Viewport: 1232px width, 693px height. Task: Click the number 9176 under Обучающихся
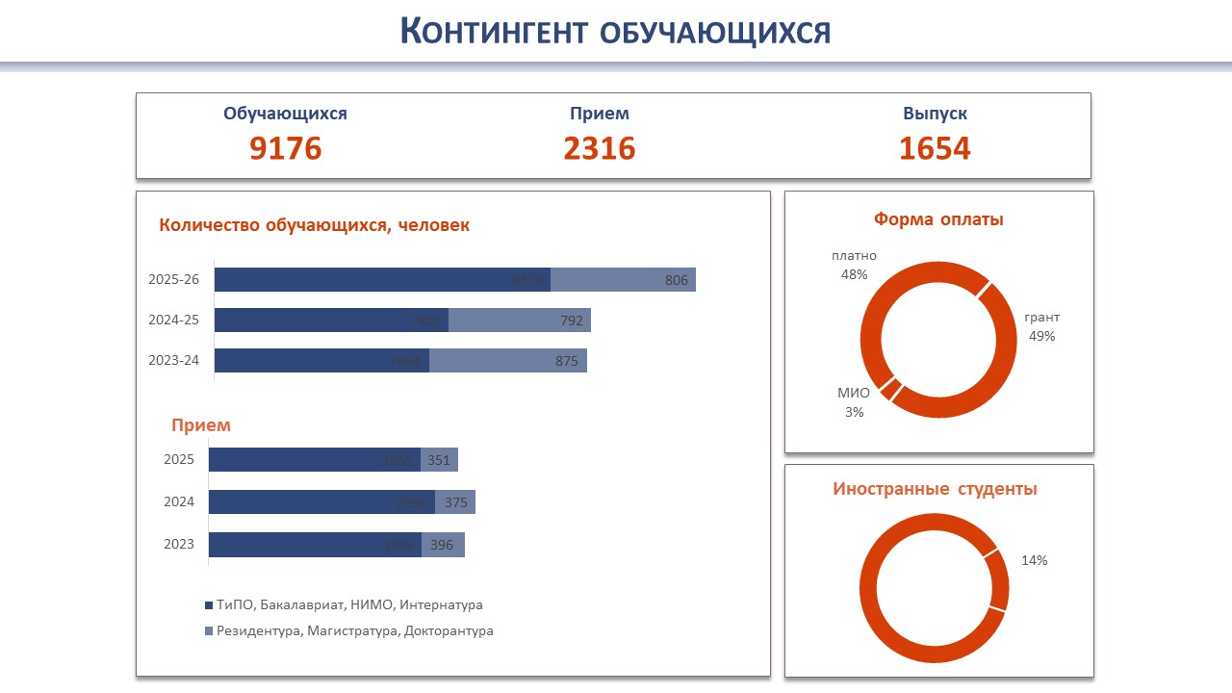click(x=285, y=148)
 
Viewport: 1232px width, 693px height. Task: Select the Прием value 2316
click(x=600, y=148)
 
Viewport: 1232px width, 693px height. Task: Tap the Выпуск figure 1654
click(x=935, y=148)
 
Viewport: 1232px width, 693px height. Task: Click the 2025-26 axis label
click(x=174, y=280)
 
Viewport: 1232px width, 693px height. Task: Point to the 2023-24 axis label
click(x=174, y=361)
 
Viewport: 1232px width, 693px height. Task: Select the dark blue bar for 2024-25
click(x=331, y=321)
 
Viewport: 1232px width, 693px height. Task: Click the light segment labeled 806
click(x=624, y=280)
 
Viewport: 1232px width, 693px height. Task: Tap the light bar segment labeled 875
click(x=508, y=361)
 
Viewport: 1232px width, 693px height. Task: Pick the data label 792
click(x=572, y=321)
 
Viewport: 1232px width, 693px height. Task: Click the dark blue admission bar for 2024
click(x=321, y=501)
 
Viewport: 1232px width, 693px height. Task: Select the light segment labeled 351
click(x=440, y=460)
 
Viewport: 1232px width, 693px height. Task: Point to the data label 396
click(x=442, y=545)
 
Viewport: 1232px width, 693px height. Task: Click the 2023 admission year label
click(x=179, y=544)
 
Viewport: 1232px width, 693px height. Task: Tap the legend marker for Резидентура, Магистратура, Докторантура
click(x=208, y=631)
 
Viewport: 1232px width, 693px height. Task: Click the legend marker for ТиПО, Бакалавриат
click(x=208, y=605)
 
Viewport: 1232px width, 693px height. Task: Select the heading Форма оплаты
click(x=938, y=219)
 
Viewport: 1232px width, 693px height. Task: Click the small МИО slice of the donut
click(x=890, y=389)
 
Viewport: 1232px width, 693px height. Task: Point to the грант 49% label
click(x=1041, y=326)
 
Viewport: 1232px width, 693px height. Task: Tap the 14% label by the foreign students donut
click(x=1035, y=560)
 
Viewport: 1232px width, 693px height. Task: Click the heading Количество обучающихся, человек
click(x=314, y=225)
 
